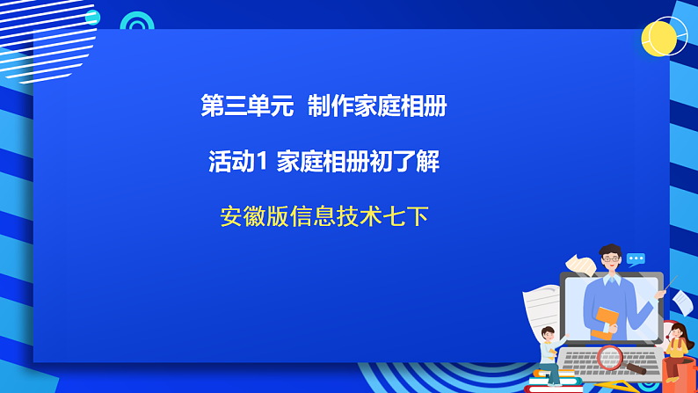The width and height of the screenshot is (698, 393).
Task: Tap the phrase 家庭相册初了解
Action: point(358,161)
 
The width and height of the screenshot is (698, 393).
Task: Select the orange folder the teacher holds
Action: point(606,320)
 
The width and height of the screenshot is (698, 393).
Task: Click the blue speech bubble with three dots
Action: point(636,259)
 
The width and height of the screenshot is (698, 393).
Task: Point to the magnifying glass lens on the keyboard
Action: point(608,356)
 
